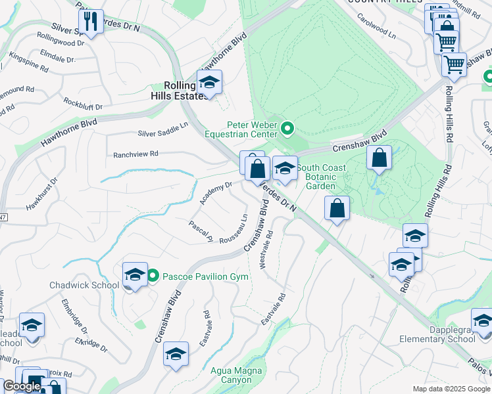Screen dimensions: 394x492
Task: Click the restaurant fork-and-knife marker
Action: click(91, 22)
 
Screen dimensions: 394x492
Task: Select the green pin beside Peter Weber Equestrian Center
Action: click(287, 127)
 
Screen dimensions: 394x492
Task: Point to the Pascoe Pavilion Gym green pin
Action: click(153, 276)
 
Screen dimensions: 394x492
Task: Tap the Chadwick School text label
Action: click(84, 285)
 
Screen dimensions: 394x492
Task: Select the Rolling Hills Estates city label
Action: click(179, 91)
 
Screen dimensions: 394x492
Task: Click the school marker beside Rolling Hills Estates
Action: click(209, 83)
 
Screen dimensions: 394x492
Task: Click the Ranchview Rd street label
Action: click(136, 154)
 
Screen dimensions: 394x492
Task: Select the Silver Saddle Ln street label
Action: click(162, 133)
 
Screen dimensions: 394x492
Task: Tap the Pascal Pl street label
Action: click(200, 229)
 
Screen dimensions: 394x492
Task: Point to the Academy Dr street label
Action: click(216, 193)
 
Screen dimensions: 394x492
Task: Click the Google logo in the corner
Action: click(22, 386)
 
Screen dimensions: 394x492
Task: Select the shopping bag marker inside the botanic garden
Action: click(380, 158)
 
